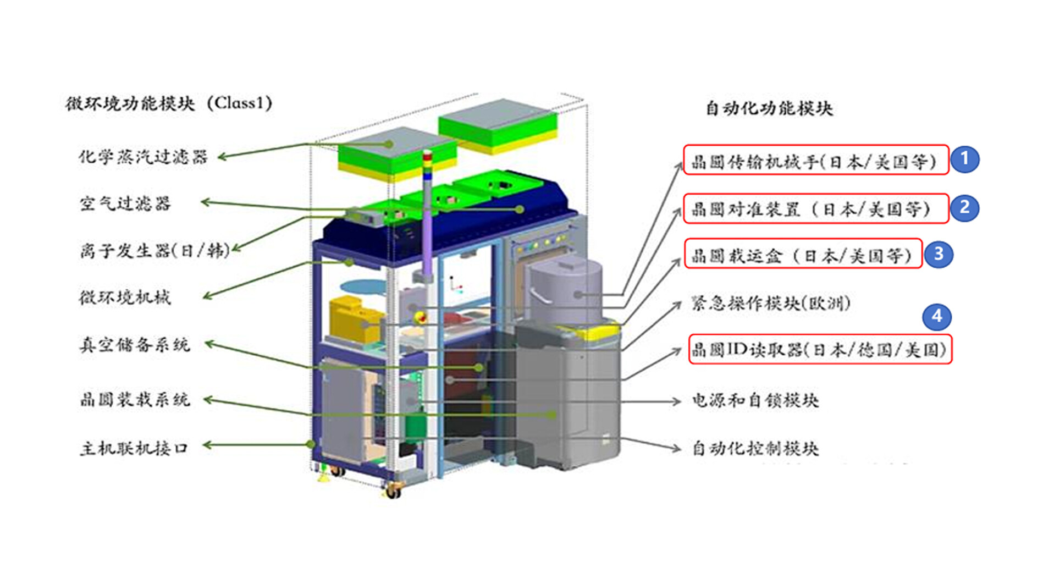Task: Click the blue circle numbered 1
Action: tap(964, 159)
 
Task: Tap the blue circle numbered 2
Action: tap(964, 208)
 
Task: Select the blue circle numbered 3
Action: tap(939, 254)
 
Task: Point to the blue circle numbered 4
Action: tap(937, 316)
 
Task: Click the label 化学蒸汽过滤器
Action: tap(143, 157)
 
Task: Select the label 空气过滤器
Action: tap(125, 204)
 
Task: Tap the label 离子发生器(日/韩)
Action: tap(155, 251)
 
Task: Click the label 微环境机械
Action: tap(125, 297)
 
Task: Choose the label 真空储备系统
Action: tap(135, 345)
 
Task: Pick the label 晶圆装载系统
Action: tap(135, 399)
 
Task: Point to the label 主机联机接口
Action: tap(134, 448)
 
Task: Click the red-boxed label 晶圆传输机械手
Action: tap(815, 161)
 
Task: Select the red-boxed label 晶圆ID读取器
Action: tap(820, 350)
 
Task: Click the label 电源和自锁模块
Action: tap(755, 400)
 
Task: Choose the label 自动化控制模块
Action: tap(755, 448)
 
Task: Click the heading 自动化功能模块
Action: tap(769, 108)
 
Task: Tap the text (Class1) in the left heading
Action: tap(240, 103)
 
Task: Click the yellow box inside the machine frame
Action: tap(354, 317)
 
